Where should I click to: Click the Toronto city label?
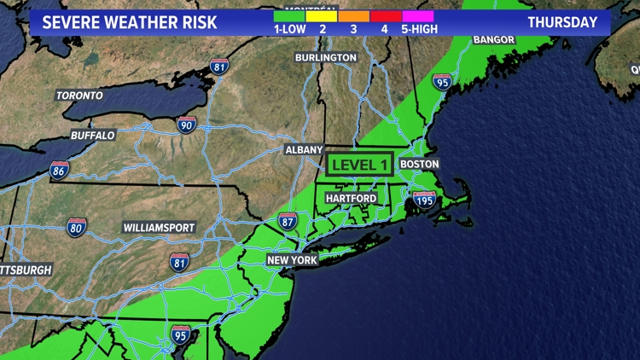click(x=79, y=96)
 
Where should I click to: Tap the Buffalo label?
click(x=93, y=135)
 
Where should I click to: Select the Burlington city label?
click(x=326, y=57)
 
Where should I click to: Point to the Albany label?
click(x=304, y=150)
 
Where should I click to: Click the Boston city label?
click(x=419, y=164)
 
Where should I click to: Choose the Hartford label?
click(x=351, y=198)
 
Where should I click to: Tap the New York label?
click(x=292, y=260)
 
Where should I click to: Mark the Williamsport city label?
click(x=160, y=228)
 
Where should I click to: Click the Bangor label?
click(x=494, y=39)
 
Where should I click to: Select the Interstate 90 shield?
click(x=187, y=125)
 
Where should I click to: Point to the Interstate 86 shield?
click(x=59, y=171)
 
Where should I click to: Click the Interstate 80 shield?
click(x=76, y=228)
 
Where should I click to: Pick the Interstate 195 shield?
click(x=424, y=201)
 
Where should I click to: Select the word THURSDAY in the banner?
click(x=562, y=22)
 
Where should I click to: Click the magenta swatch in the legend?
click(x=418, y=15)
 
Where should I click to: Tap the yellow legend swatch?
click(x=322, y=15)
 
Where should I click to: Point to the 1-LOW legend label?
click(x=289, y=29)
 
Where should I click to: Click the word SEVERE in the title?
click(x=70, y=22)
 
